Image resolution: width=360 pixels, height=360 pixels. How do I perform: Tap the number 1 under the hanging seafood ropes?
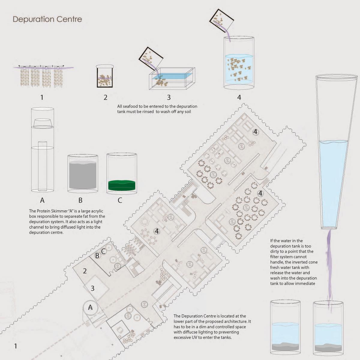click(x=42, y=97)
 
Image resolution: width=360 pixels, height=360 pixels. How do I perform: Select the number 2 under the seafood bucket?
click(x=105, y=97)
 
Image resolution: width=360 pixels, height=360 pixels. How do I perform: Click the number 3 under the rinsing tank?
click(x=169, y=97)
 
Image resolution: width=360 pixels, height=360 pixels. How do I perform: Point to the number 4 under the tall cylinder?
click(x=239, y=97)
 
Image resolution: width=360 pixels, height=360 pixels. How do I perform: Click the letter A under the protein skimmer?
click(x=42, y=200)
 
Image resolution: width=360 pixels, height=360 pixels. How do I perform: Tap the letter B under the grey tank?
click(x=80, y=200)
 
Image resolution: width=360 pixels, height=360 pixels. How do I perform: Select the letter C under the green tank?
click(x=120, y=200)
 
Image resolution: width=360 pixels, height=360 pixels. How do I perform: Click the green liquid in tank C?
click(x=121, y=185)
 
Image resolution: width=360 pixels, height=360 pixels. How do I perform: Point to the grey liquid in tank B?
click(x=83, y=175)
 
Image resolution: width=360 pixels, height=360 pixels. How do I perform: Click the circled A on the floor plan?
click(x=90, y=307)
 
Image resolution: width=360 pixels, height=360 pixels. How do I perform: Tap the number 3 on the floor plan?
click(x=92, y=288)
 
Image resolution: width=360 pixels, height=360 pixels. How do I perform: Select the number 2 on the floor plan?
click(x=85, y=271)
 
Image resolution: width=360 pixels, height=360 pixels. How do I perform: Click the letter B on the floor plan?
click(x=97, y=256)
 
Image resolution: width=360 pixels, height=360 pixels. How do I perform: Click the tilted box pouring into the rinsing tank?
click(x=151, y=58)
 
